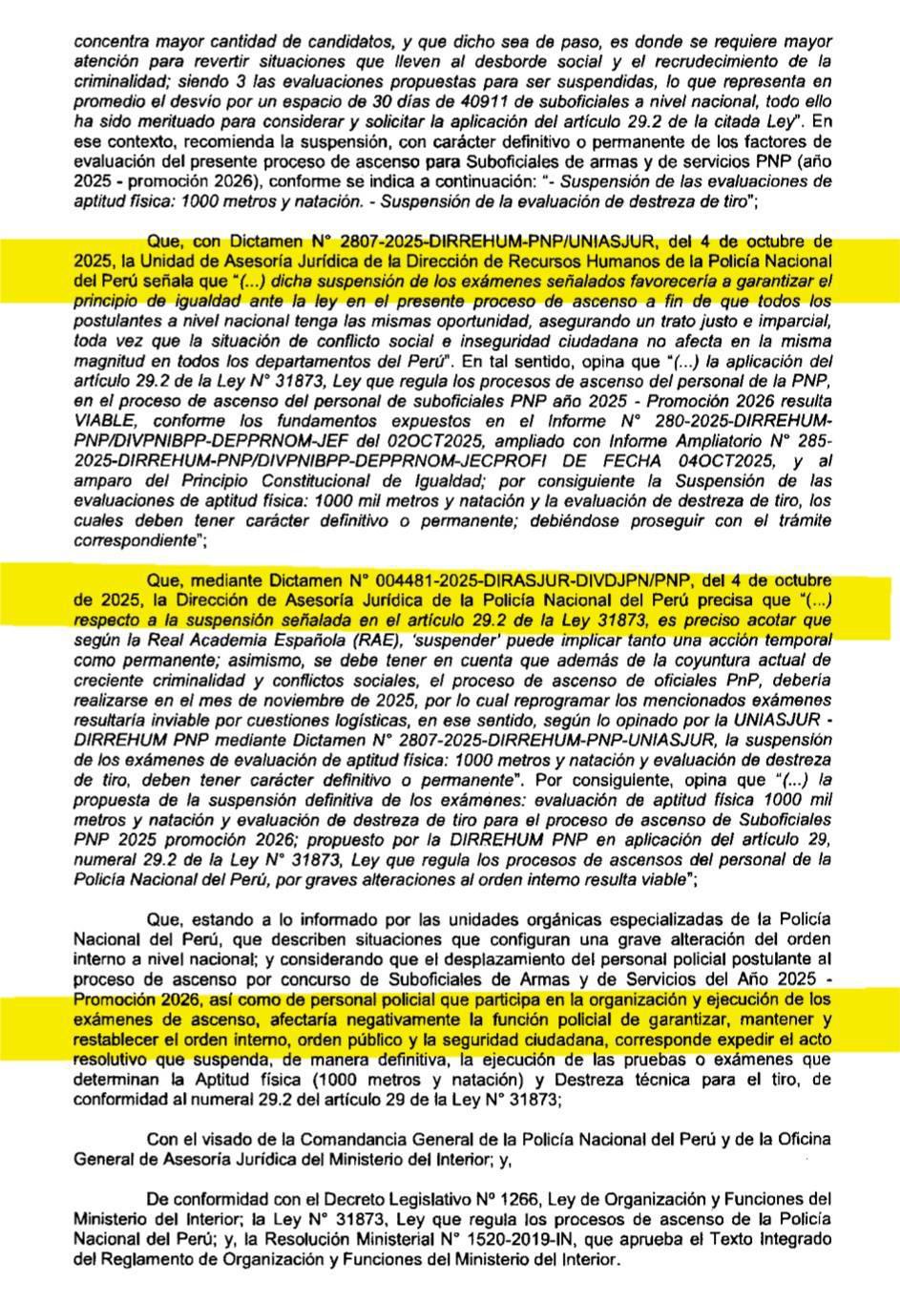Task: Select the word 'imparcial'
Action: [x=799, y=321]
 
